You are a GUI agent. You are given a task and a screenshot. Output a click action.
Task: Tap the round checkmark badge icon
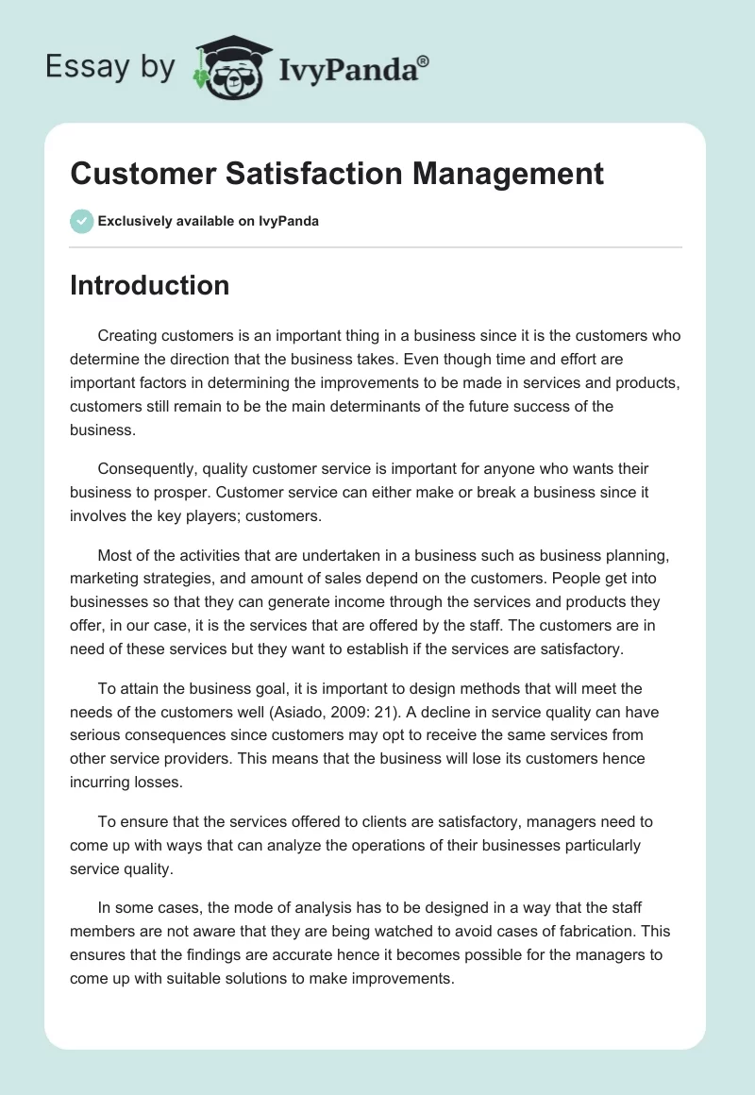[81, 221]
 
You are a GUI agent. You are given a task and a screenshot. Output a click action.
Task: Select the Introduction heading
[149, 285]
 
